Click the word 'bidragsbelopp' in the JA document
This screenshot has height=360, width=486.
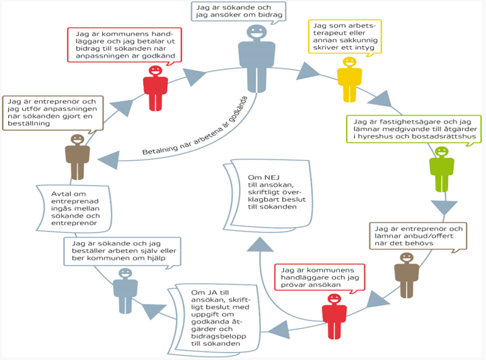point(218,337)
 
